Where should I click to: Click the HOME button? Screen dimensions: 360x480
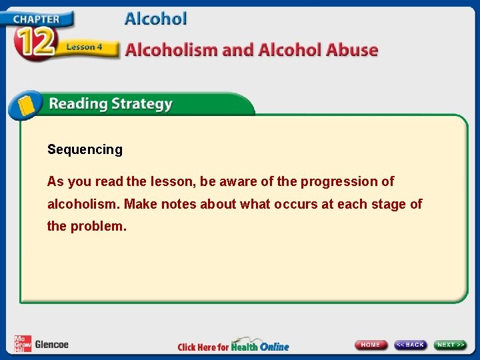pyautogui.click(x=371, y=345)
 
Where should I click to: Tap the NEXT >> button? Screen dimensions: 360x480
pyautogui.click(x=451, y=345)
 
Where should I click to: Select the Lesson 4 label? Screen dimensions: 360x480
pyautogui.click(x=84, y=47)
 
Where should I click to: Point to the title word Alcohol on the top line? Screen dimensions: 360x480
pyautogui.click(x=155, y=19)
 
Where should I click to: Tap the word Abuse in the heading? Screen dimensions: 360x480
pyautogui.click(x=353, y=50)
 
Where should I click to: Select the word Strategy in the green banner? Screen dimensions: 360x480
pyautogui.click(x=142, y=105)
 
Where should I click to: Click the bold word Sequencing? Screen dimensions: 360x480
pyautogui.click(x=85, y=150)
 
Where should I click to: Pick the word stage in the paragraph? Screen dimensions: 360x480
pyautogui.click(x=388, y=204)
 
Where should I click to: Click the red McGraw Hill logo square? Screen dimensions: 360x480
pyautogui.click(x=22, y=344)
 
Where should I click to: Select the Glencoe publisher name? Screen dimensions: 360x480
pyautogui.click(x=51, y=345)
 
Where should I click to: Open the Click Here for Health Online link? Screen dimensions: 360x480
pyautogui.click(x=233, y=346)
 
